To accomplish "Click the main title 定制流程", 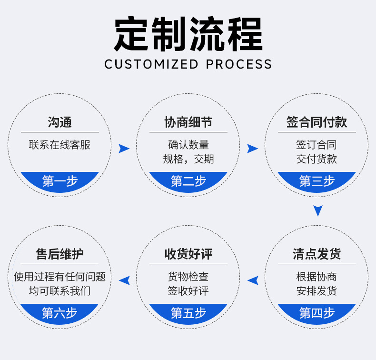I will (188, 34).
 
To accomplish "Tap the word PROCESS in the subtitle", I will (239, 64).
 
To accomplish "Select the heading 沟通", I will (60, 122).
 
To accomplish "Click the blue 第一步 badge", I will (60, 181).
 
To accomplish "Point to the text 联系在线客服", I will (60, 145).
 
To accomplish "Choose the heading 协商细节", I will (188, 122).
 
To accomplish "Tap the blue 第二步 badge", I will (188, 181).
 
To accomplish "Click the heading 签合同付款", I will (317, 122).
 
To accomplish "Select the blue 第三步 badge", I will (317, 181).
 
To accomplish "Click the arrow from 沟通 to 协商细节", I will (124, 149).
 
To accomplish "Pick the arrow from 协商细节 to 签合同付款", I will (252, 149).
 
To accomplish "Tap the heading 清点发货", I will (317, 254).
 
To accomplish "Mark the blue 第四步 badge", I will (317, 313).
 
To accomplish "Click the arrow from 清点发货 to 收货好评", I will (253, 280).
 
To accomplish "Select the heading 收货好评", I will (188, 254).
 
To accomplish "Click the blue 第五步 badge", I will (188, 313).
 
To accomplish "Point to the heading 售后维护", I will (60, 254).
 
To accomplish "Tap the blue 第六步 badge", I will (60, 313).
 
